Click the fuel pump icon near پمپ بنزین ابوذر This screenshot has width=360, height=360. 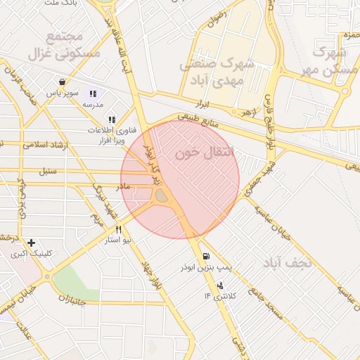click(x=205, y=257)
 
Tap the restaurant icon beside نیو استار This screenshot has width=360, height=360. click(x=118, y=229)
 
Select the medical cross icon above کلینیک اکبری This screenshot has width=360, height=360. click(x=31, y=243)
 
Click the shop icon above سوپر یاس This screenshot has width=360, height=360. click(x=63, y=82)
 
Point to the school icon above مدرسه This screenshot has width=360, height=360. click(x=92, y=94)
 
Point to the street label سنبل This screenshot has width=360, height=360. click(x=47, y=171)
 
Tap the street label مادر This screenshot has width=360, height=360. click(x=123, y=186)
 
